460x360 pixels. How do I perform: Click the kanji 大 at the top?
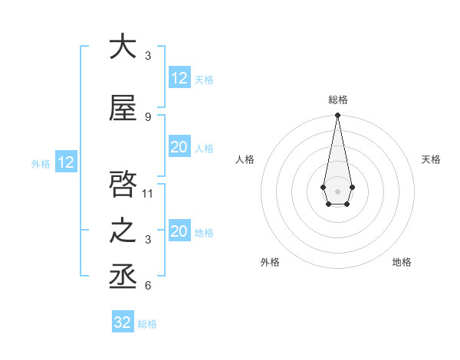tap(123, 47)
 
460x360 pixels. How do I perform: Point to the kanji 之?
tap(123, 231)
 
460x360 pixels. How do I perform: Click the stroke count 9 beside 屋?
tap(148, 117)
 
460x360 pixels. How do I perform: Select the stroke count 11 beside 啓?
tap(149, 193)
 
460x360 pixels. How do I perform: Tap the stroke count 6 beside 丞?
tap(148, 286)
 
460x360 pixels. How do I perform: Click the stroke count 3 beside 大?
tap(148, 56)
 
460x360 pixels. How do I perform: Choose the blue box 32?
tap(123, 322)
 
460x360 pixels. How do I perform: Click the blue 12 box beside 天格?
tap(179, 78)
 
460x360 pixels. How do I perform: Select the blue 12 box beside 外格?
tap(65, 162)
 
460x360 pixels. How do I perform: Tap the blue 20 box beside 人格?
tap(179, 147)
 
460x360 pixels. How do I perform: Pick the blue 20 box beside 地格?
tap(179, 231)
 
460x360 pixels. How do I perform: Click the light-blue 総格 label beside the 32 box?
tap(147, 324)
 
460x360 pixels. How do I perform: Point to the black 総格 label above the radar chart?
tap(337, 100)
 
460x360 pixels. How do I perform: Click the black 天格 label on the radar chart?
tap(432, 159)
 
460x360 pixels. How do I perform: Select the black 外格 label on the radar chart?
tap(270, 262)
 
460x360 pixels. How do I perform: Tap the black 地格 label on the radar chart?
tap(402, 262)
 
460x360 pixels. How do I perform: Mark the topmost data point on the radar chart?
tap(337, 115)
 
